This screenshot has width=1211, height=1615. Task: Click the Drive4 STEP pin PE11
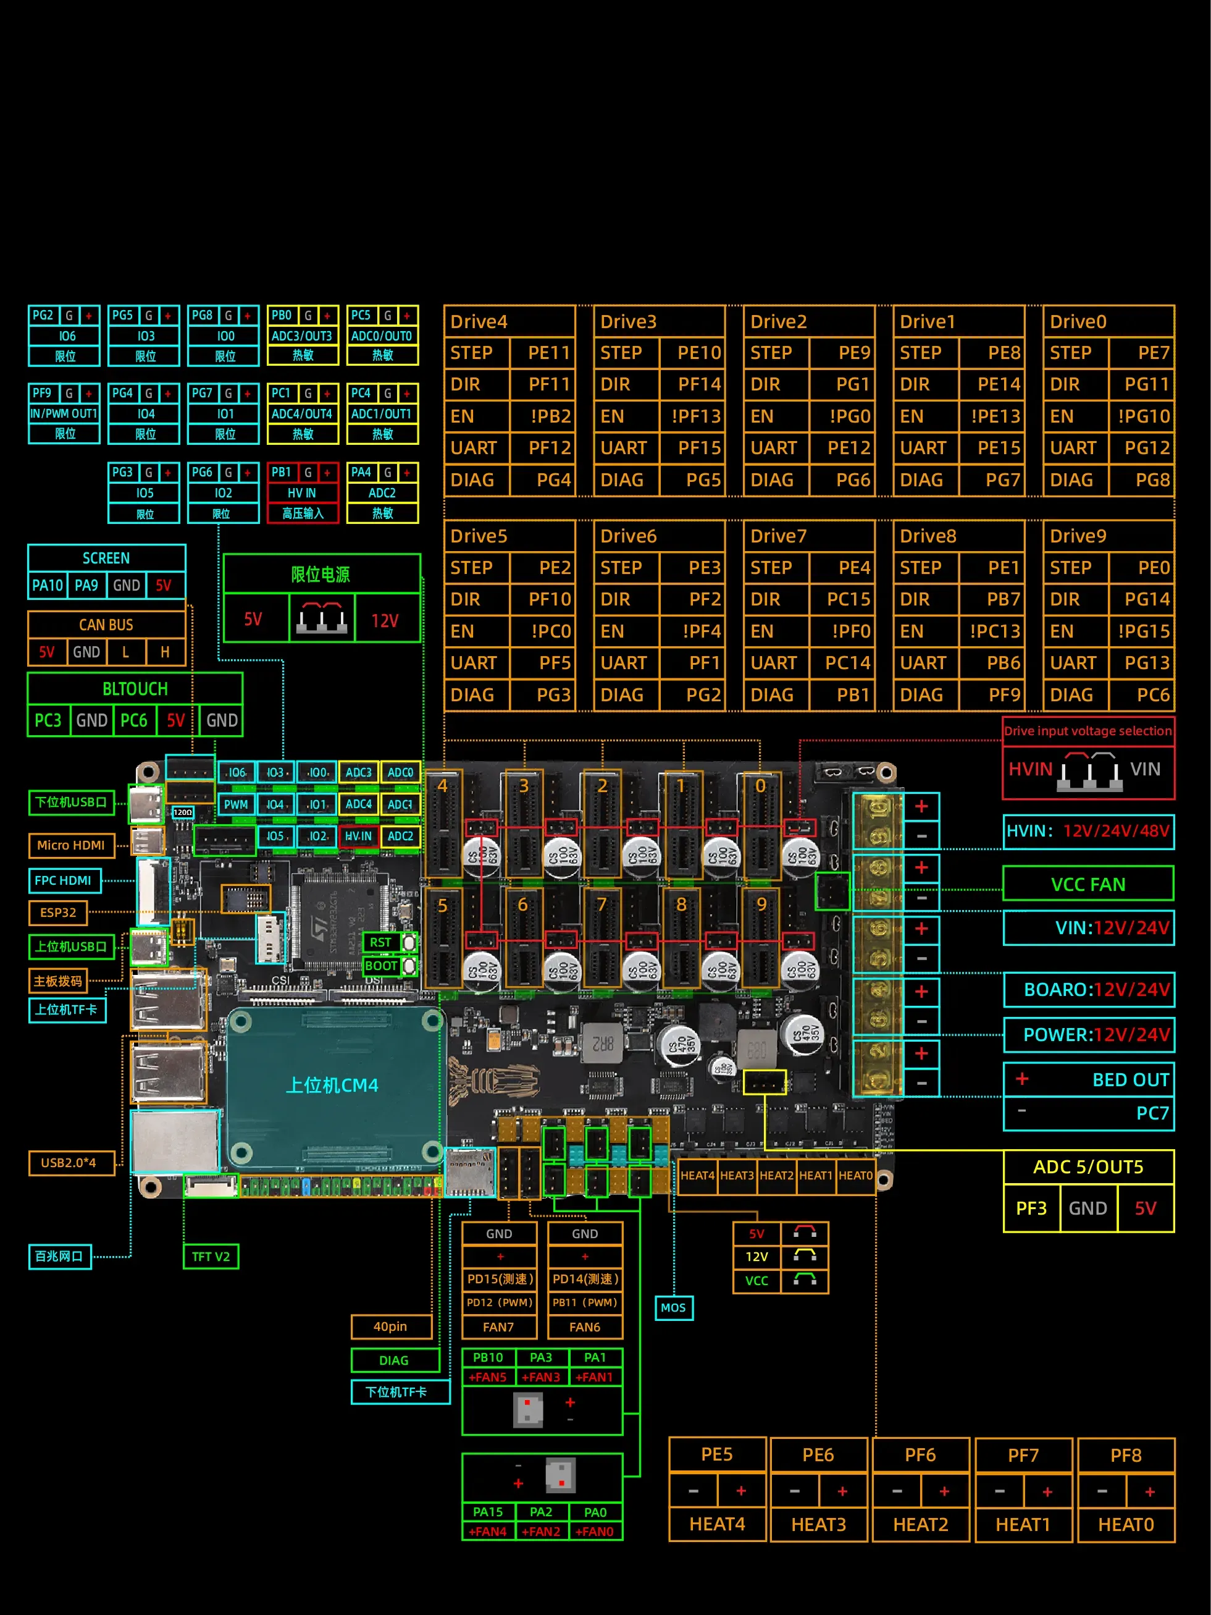point(548,353)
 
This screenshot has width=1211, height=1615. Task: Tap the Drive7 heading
point(778,537)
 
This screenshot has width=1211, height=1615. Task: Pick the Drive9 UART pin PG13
point(1146,663)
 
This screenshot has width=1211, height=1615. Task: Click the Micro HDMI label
point(71,845)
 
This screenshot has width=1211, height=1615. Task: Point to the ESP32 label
point(57,913)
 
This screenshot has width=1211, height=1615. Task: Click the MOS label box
point(673,1307)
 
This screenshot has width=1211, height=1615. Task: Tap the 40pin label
point(390,1326)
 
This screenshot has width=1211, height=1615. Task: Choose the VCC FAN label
point(1087,885)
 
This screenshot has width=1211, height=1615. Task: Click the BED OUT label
point(1130,1080)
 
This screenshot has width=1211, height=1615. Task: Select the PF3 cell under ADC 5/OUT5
point(1031,1208)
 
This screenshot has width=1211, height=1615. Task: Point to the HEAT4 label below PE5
point(717,1524)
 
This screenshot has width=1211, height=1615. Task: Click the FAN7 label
point(498,1327)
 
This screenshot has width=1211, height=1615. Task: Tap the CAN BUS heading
point(107,625)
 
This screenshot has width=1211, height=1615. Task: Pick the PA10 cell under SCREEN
point(48,586)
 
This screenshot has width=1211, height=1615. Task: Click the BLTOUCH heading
point(135,689)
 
